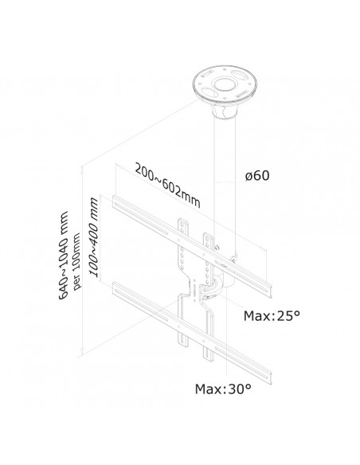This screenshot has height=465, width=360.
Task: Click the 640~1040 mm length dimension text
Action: click(x=65, y=252)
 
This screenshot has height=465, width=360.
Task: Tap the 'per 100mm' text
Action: click(x=77, y=252)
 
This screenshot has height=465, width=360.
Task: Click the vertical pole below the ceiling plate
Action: click(x=216, y=175)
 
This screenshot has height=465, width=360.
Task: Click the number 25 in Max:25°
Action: click(x=288, y=316)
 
